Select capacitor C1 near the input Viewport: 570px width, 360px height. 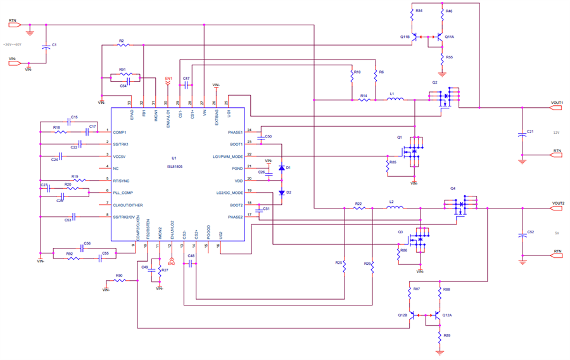[x=46, y=46]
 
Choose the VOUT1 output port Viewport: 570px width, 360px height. [x=555, y=107]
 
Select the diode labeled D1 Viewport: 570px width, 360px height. [x=281, y=169]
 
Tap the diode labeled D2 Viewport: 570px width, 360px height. [x=281, y=192]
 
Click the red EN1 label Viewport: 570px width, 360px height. [x=168, y=79]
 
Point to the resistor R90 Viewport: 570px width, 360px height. [x=120, y=280]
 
